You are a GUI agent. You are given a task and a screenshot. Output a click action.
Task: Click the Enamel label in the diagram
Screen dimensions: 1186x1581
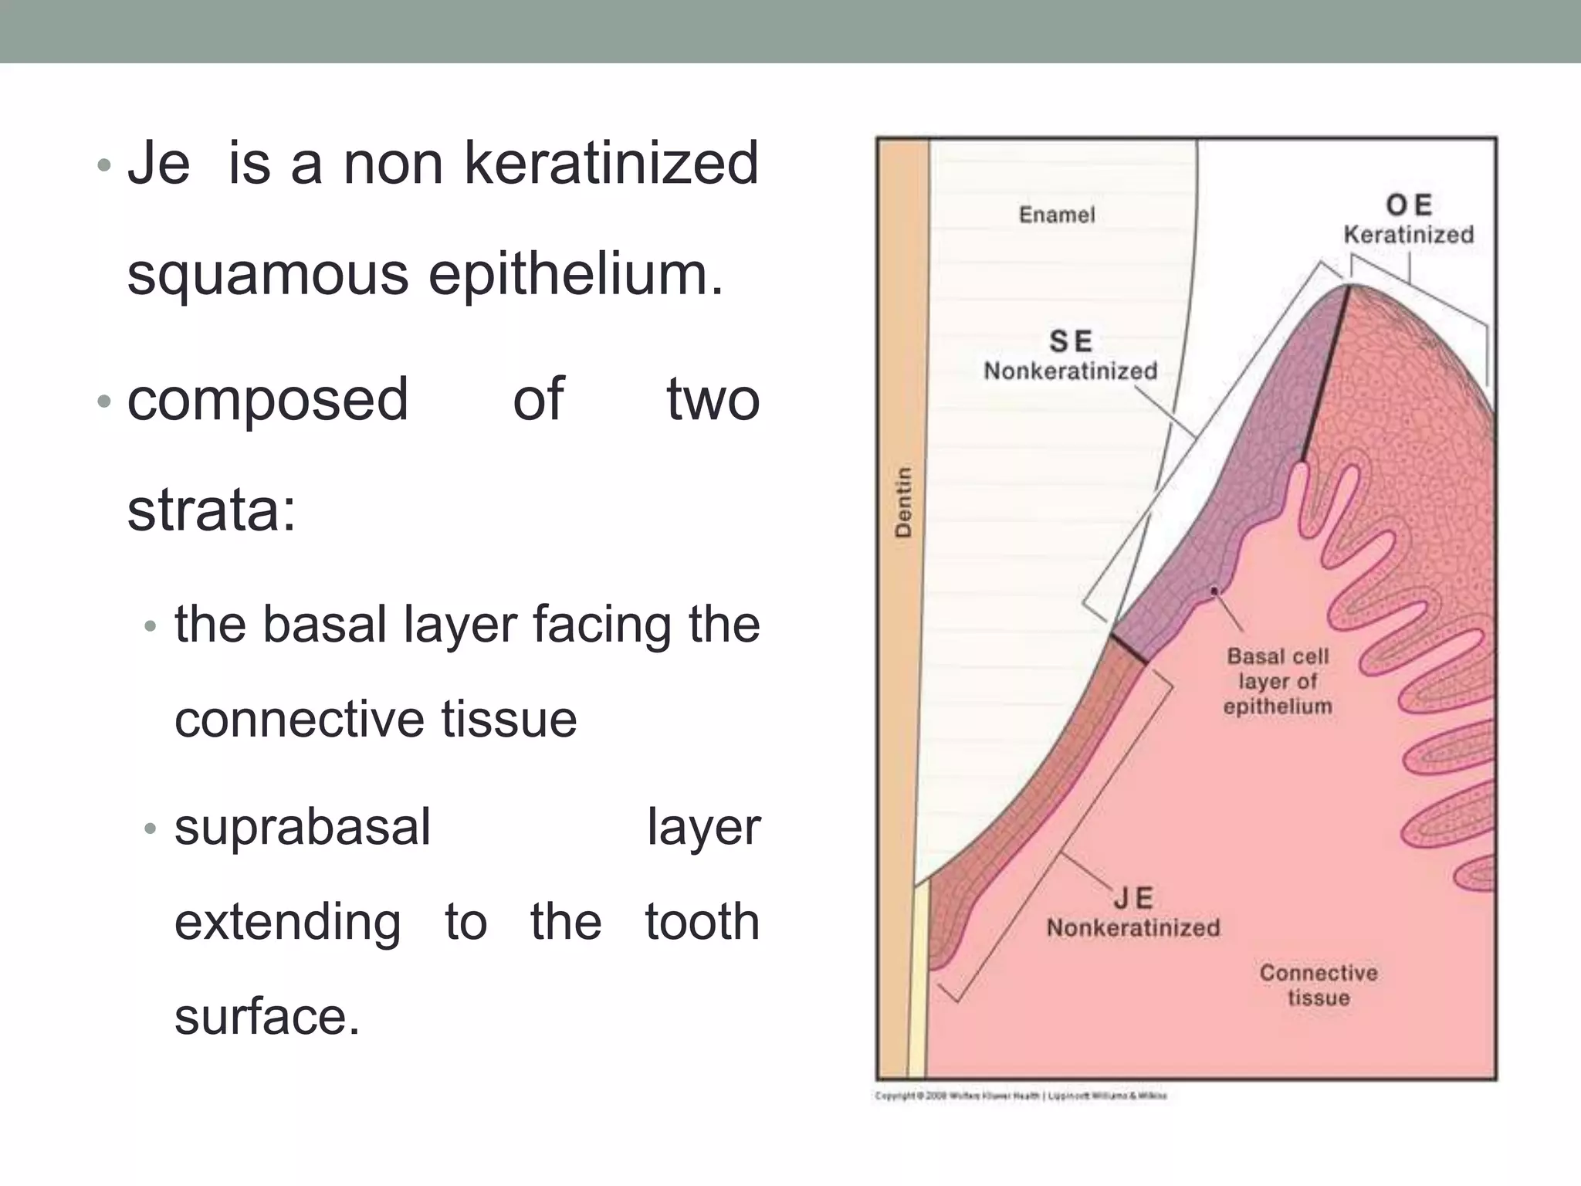pyautogui.click(x=1056, y=215)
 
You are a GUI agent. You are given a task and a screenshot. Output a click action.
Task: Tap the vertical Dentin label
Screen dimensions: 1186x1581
pyautogui.click(x=903, y=502)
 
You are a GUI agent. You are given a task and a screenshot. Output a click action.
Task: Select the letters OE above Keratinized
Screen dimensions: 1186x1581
pyautogui.click(x=1409, y=205)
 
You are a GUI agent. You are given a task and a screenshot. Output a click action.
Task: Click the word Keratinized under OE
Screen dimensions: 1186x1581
pyautogui.click(x=1409, y=235)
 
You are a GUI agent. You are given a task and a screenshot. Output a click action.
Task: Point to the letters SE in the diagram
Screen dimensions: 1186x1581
pyautogui.click(x=1071, y=341)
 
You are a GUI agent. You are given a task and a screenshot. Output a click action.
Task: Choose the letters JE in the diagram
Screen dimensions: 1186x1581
pyautogui.click(x=1133, y=898)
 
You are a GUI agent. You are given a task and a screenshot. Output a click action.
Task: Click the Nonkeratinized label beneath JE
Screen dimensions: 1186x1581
pyautogui.click(x=1133, y=927)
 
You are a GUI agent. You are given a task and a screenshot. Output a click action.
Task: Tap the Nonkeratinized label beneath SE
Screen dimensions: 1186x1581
pyautogui.click(x=1071, y=371)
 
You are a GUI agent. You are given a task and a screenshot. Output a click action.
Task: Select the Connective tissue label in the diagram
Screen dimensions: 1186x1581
pyautogui.click(x=1319, y=984)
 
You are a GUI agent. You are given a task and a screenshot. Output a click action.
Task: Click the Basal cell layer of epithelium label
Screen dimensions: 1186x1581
pyautogui.click(x=1278, y=681)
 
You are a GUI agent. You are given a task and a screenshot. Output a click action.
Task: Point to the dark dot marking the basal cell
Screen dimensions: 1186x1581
pyautogui.click(x=1214, y=591)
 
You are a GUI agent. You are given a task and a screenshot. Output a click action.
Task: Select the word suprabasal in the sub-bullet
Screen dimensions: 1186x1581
pyautogui.click(x=303, y=827)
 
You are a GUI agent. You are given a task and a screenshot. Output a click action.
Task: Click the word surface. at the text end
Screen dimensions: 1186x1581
pyautogui.click(x=267, y=1016)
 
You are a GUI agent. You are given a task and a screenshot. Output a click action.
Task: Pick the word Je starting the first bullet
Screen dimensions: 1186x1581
pyautogui.click(x=158, y=164)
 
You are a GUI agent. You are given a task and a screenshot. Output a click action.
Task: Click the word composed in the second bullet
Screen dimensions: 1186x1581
pyautogui.click(x=267, y=399)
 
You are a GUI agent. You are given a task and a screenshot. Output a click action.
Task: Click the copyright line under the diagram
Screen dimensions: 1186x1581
pyautogui.click(x=1021, y=1096)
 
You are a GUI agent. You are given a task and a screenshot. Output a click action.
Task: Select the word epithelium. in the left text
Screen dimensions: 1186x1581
pyautogui.click(x=576, y=274)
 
